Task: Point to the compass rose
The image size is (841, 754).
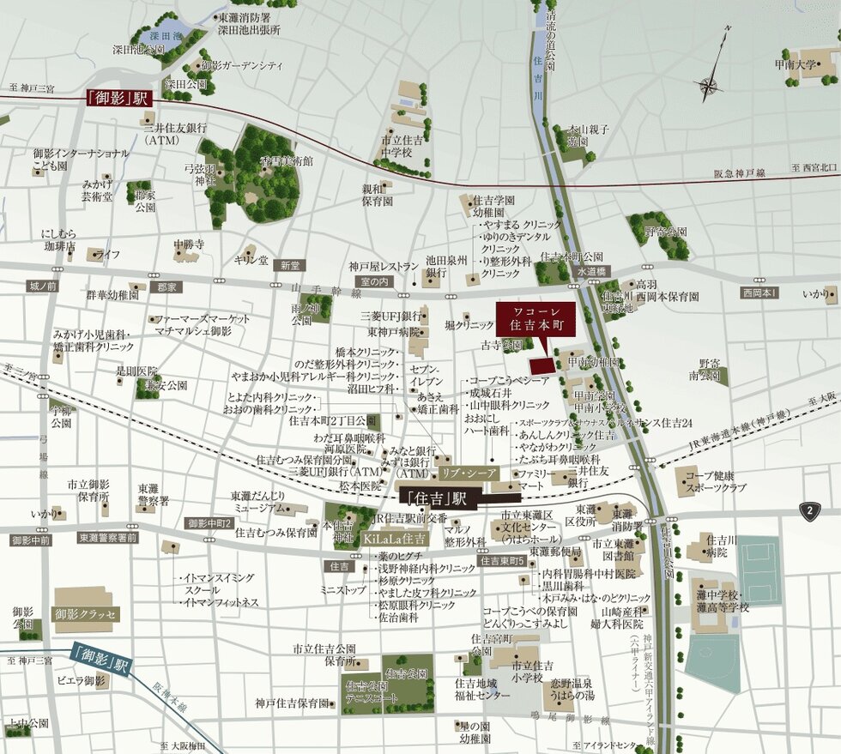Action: [x=711, y=83]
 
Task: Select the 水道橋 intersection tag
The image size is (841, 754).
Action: [x=591, y=271]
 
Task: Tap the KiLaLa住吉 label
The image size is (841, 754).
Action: [x=394, y=539]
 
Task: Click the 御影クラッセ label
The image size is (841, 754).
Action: [x=85, y=614]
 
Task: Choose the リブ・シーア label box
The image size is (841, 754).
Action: [x=469, y=473]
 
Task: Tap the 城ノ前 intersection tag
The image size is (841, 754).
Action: [x=42, y=286]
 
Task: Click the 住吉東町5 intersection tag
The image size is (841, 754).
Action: [x=502, y=561]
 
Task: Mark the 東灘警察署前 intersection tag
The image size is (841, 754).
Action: [x=107, y=538]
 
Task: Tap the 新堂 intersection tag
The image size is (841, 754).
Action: [x=287, y=266]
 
